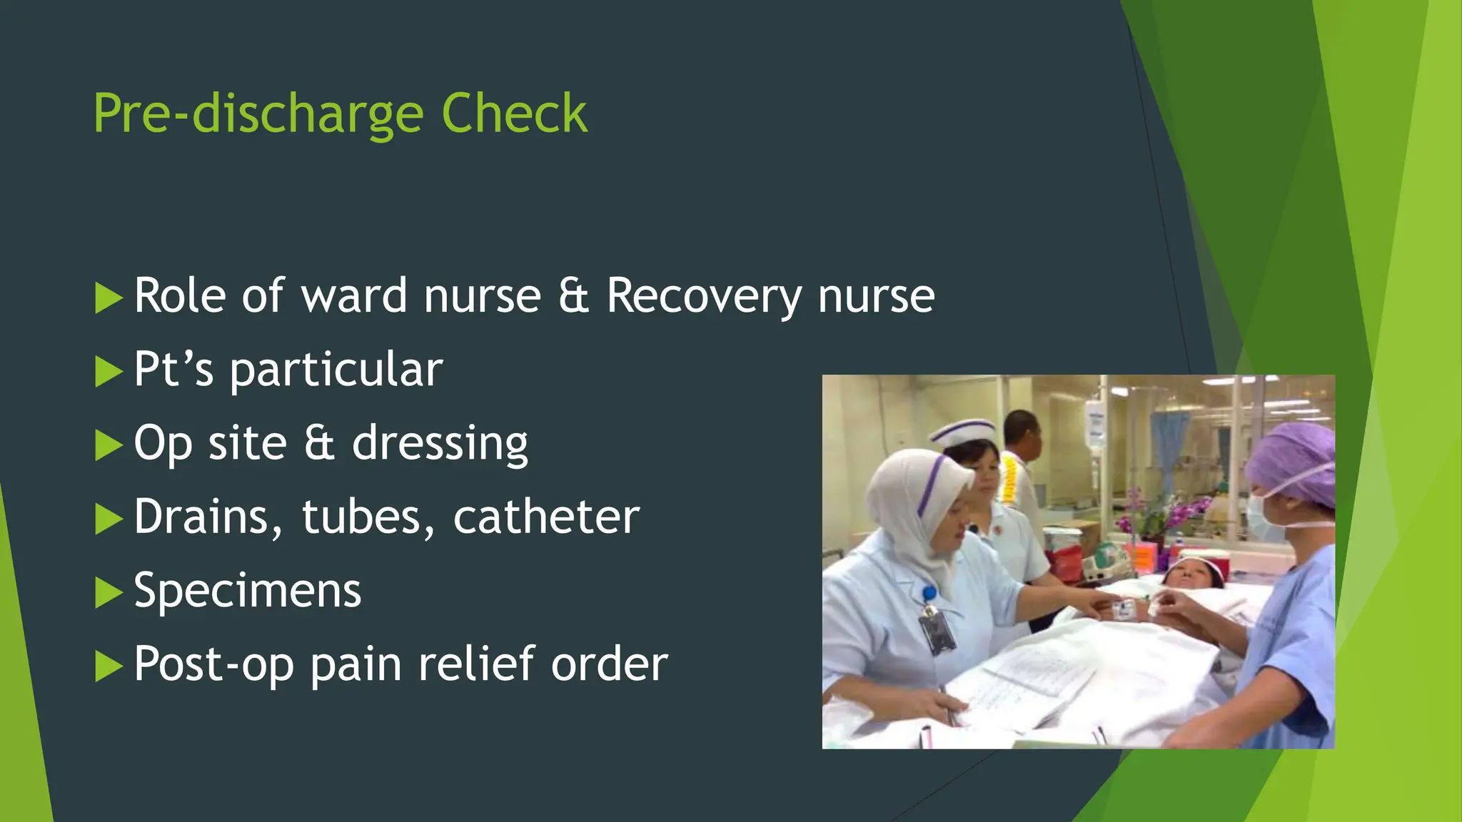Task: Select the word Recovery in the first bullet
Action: [704, 295]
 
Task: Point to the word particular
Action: [336, 370]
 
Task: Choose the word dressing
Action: [440, 443]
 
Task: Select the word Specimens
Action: [248, 591]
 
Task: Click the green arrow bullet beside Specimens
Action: [109, 593]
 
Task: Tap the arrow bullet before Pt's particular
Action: [109, 372]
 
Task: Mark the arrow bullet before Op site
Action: [109, 445]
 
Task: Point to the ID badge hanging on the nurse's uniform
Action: [936, 631]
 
